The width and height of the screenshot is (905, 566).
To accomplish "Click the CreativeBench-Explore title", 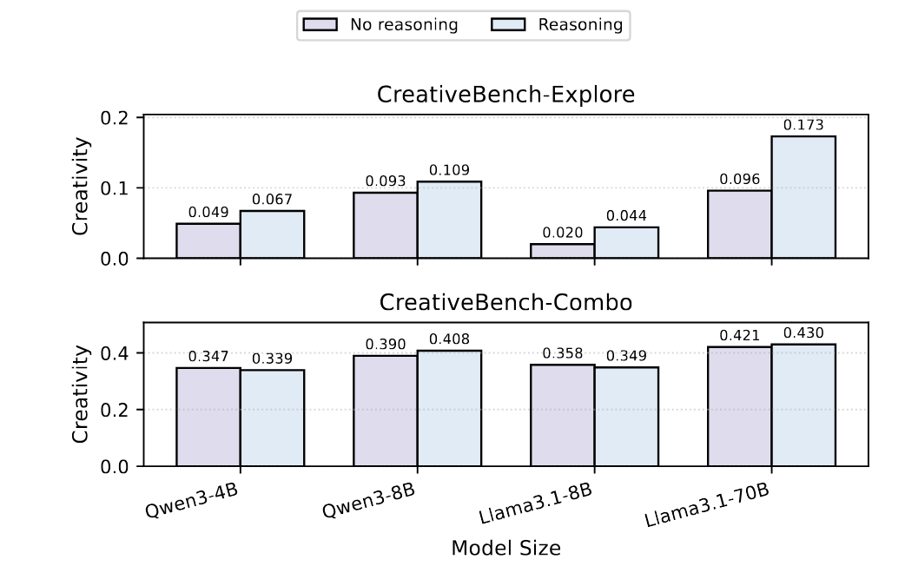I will (505, 95).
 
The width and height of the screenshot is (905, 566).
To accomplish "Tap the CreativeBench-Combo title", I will (505, 303).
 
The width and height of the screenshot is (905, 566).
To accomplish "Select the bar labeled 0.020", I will (562, 251).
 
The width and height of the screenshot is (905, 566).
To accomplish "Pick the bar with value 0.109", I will (449, 220).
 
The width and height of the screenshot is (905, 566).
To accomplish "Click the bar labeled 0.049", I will (208, 240).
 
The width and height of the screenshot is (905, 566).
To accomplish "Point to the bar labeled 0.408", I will (449, 408).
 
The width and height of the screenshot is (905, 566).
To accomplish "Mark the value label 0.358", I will (562, 354).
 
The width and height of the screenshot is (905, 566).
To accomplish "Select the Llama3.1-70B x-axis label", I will (707, 507).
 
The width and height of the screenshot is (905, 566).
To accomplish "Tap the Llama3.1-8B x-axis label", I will (536, 504).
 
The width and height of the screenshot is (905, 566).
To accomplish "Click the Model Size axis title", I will (505, 548).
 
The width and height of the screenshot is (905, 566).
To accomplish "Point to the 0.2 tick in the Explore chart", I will (118, 118).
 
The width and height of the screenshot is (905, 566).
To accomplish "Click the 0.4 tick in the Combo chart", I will (118, 353).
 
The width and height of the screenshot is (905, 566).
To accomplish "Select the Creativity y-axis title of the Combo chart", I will (81, 394).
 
